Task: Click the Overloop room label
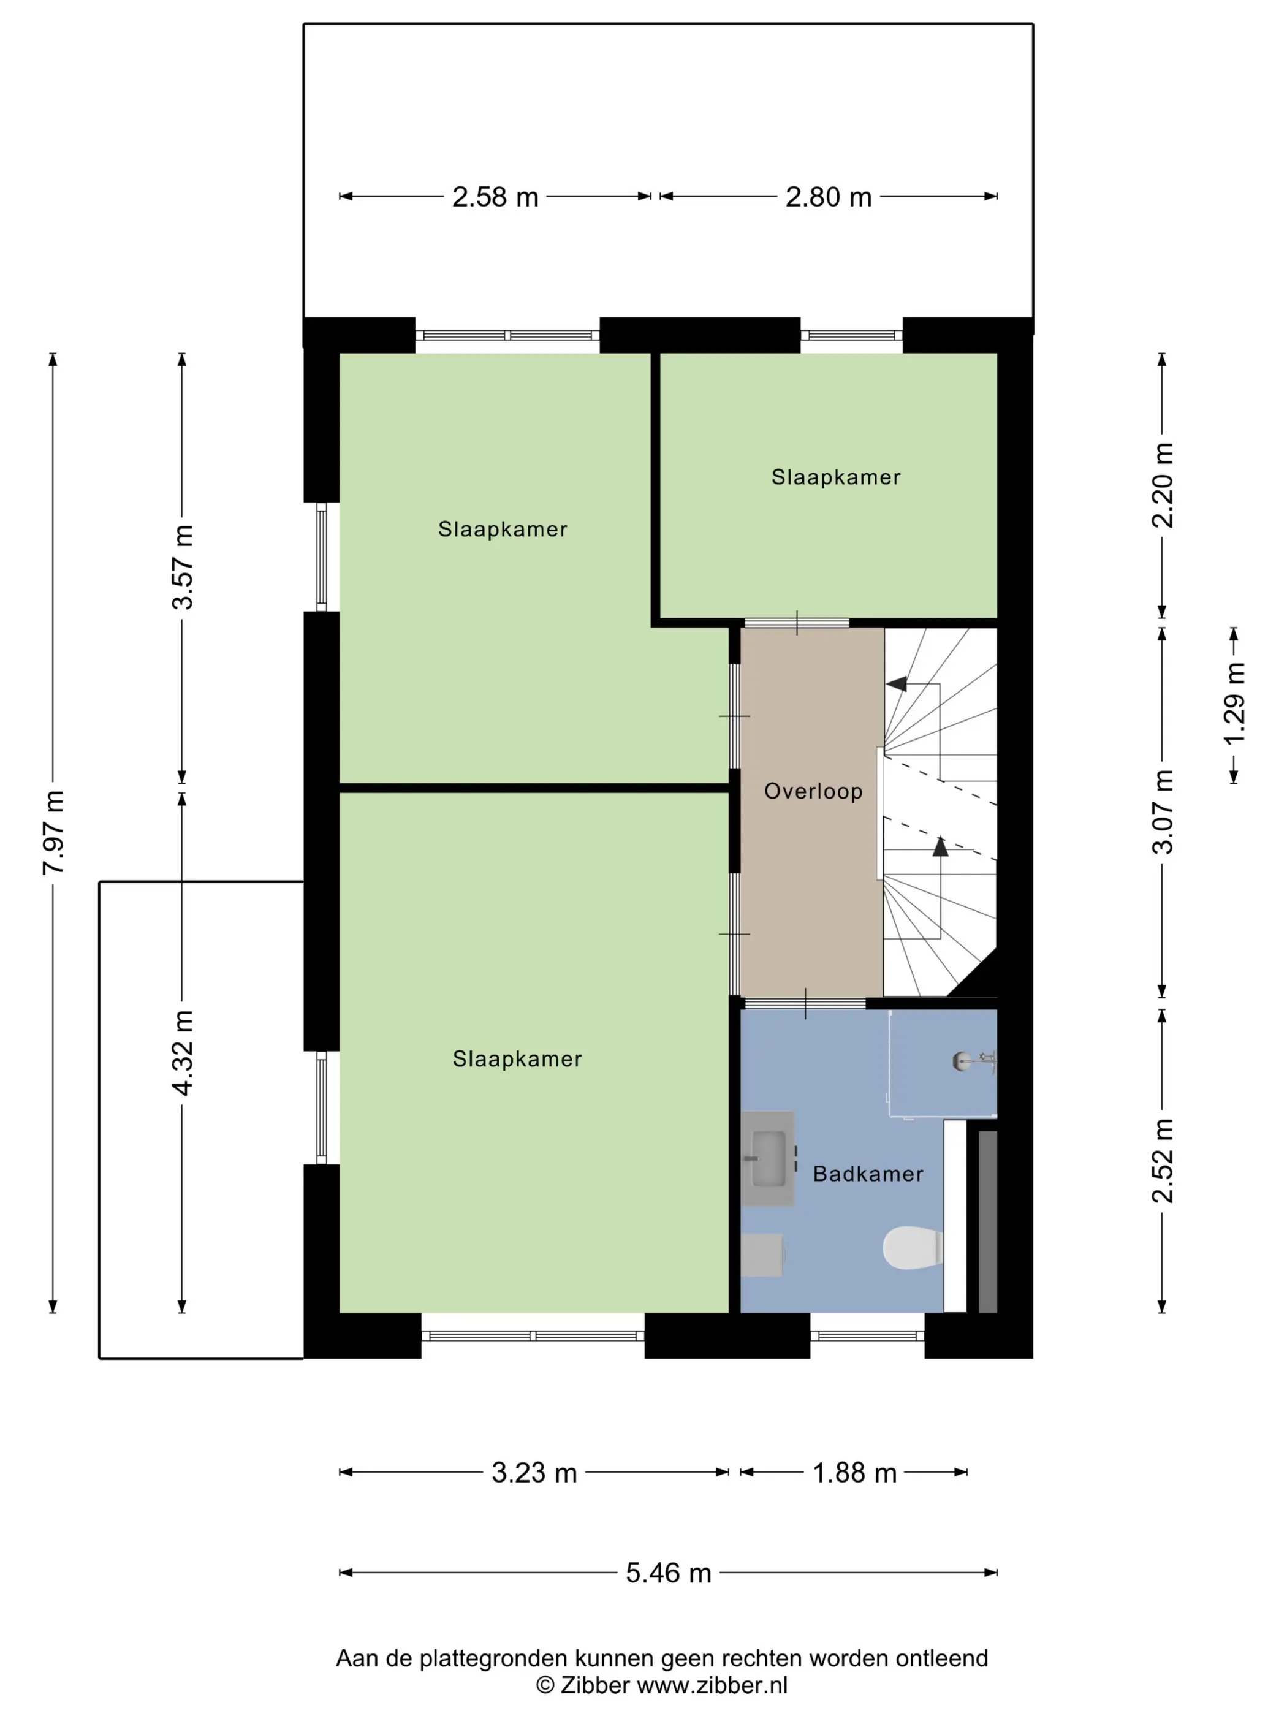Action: click(x=813, y=791)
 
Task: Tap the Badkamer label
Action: click(x=868, y=1174)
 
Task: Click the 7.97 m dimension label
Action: click(x=53, y=832)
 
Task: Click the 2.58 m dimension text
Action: click(x=495, y=197)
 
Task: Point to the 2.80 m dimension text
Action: click(x=829, y=197)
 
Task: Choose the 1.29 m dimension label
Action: click(x=1234, y=703)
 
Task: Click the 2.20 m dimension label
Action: click(x=1162, y=485)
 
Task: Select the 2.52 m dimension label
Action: click(x=1162, y=1161)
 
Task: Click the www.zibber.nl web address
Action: click(x=712, y=1684)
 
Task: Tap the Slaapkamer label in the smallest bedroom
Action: click(x=835, y=477)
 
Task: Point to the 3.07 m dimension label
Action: click(x=1162, y=811)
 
